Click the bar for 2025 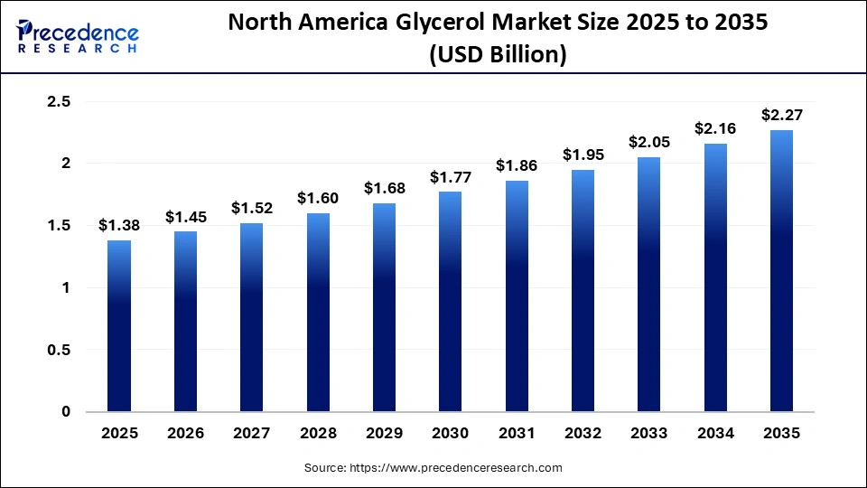pyautogui.click(x=119, y=325)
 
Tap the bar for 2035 pyautogui.click(x=781, y=271)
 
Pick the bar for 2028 pyautogui.click(x=318, y=312)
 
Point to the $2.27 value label pyautogui.click(x=781, y=115)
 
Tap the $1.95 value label pyautogui.click(x=583, y=155)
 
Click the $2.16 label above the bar pyautogui.click(x=715, y=128)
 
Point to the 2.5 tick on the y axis pyautogui.click(x=59, y=102)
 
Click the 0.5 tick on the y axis pyautogui.click(x=59, y=350)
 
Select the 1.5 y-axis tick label pyautogui.click(x=59, y=226)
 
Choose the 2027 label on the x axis pyautogui.click(x=251, y=433)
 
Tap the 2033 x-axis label pyautogui.click(x=648, y=433)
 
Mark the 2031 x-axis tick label pyautogui.click(x=517, y=433)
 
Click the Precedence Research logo pyautogui.click(x=78, y=37)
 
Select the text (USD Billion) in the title pyautogui.click(x=498, y=55)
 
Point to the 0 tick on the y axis pyautogui.click(x=65, y=412)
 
